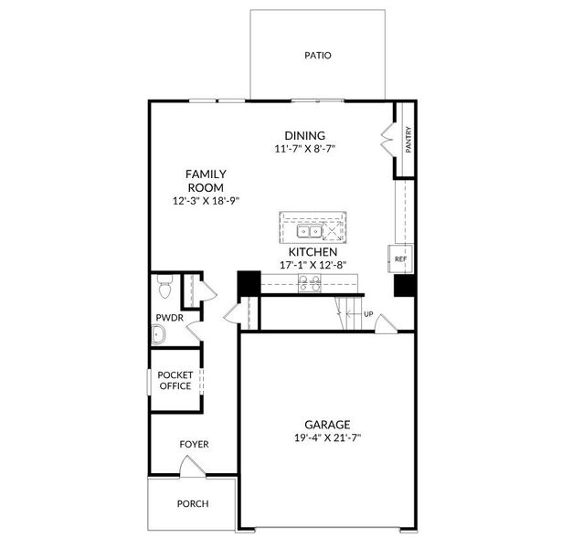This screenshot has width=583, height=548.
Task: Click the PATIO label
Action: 317,56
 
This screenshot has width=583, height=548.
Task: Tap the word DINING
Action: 304,135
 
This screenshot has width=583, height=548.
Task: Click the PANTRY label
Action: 408,141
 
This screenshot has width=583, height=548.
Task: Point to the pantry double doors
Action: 387,141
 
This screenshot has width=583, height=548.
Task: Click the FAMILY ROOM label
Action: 206,180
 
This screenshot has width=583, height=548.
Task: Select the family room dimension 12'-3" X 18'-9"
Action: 206,201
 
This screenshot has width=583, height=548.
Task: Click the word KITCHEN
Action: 313,251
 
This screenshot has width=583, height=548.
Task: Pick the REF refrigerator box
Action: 400,259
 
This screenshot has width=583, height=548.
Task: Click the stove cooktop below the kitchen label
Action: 310,284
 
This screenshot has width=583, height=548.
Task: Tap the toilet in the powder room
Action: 164,289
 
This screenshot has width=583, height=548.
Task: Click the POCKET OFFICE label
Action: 175,380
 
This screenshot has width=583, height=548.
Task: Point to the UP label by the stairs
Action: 369,314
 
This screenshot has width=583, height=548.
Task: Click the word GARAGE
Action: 327,425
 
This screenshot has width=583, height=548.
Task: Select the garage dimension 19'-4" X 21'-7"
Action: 327,438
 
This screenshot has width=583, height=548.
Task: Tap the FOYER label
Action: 194,445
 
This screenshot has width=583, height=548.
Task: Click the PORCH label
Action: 193,503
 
